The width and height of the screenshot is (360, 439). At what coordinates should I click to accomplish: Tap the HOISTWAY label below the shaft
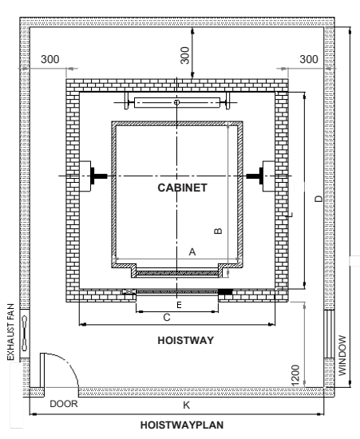click(184, 340)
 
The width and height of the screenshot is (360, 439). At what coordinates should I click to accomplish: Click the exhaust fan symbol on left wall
click(26, 330)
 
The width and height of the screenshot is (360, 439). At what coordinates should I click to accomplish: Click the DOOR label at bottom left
click(62, 405)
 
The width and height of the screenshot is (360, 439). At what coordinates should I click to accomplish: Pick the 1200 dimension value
click(296, 372)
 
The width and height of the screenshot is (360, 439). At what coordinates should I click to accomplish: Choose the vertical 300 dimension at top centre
click(184, 55)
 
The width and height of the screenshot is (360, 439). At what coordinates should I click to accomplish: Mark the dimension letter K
click(187, 405)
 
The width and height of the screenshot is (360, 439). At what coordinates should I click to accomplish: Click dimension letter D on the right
click(318, 199)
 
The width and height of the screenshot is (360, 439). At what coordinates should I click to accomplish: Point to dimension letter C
click(166, 318)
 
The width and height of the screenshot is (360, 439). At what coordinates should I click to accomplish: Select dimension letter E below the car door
click(179, 306)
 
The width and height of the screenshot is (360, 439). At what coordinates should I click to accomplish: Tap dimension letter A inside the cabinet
click(191, 251)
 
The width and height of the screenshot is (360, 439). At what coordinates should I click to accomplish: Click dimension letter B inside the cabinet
click(216, 231)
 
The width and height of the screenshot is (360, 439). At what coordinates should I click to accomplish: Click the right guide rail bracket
click(262, 176)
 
